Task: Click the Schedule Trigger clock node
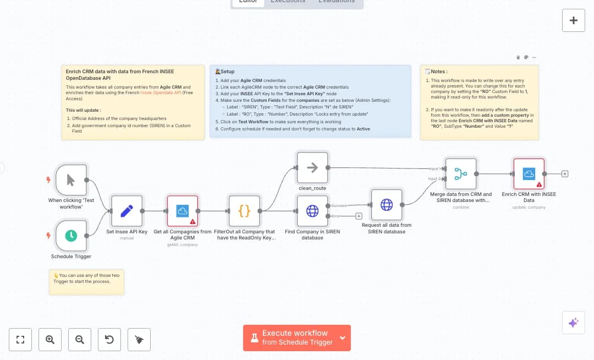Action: click(x=71, y=236)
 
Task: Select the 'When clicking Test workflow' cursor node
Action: click(x=71, y=179)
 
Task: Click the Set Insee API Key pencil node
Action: click(x=127, y=211)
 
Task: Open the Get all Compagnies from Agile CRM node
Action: click(x=182, y=211)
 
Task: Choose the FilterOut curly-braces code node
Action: click(x=244, y=211)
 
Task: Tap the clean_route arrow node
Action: click(x=312, y=168)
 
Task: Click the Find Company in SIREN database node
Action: click(x=312, y=211)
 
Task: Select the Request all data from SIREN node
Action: click(x=387, y=205)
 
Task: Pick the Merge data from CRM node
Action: click(x=460, y=174)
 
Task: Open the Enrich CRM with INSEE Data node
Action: click(x=529, y=174)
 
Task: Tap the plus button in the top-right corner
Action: click(x=573, y=20)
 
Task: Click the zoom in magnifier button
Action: click(x=50, y=340)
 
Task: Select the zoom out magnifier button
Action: click(x=80, y=340)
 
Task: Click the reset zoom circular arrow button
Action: click(x=109, y=340)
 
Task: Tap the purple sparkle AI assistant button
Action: click(x=573, y=323)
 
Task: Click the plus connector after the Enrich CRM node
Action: click(x=565, y=174)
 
